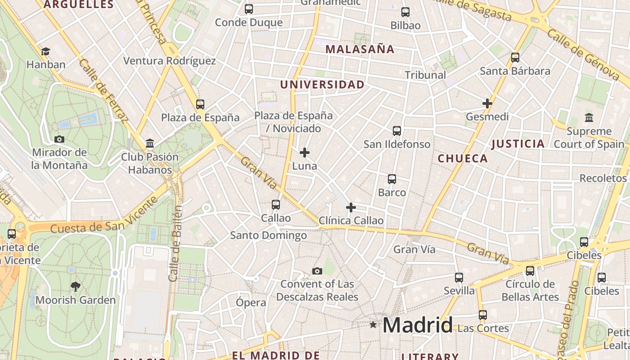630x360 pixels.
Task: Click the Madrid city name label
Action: pyautogui.click(x=417, y=325)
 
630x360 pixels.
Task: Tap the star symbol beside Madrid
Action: pyautogui.click(x=373, y=324)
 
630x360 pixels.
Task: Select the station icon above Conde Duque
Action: pyautogui.click(x=249, y=9)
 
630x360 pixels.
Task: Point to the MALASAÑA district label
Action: pyautogui.click(x=360, y=49)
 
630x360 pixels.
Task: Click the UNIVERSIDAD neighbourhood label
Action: pyautogui.click(x=322, y=85)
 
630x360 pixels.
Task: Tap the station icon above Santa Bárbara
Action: pyautogui.click(x=515, y=58)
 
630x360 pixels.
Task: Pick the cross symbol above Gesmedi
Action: pyautogui.click(x=487, y=103)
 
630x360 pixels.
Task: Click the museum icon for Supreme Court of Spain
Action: pyautogui.click(x=589, y=118)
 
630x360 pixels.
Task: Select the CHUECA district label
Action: pyautogui.click(x=463, y=158)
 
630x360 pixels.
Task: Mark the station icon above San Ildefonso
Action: pyautogui.click(x=397, y=131)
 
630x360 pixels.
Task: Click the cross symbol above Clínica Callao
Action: pyautogui.click(x=351, y=207)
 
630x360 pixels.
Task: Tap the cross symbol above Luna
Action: pyautogui.click(x=305, y=153)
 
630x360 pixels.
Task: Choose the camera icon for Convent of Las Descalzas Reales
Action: pyautogui.click(x=317, y=271)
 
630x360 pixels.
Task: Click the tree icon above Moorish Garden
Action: pyautogui.click(x=76, y=286)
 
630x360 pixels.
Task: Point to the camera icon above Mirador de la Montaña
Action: pyautogui.click(x=59, y=139)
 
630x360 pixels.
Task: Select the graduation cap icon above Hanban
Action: pyautogui.click(x=45, y=51)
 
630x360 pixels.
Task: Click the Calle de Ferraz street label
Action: pyautogui.click(x=103, y=90)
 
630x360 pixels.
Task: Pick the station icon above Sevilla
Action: pyautogui.click(x=459, y=277)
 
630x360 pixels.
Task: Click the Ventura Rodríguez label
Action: pyautogui.click(x=170, y=61)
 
